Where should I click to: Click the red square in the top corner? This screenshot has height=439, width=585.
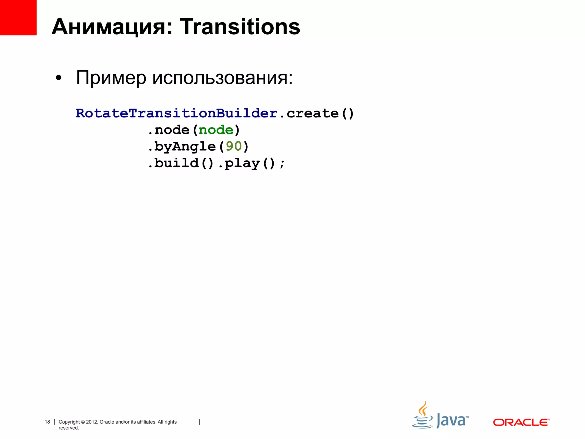click(x=18, y=17)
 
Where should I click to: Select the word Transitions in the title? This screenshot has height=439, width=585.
click(x=240, y=27)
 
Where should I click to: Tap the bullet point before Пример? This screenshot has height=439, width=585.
click(x=59, y=78)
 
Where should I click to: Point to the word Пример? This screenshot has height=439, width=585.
click(x=111, y=78)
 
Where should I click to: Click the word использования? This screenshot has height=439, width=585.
click(x=222, y=78)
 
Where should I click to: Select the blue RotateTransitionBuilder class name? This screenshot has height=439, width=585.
click(x=177, y=113)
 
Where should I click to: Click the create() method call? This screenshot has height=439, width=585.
click(x=320, y=113)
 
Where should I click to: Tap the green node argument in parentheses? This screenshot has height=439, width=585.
click(x=216, y=130)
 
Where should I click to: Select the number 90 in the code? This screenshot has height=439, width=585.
click(x=234, y=146)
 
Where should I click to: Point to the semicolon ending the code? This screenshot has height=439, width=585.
click(x=282, y=164)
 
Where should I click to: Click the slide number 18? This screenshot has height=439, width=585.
click(x=47, y=422)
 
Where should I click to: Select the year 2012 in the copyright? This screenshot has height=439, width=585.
click(x=92, y=422)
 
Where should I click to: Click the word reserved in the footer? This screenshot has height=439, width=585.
click(x=69, y=428)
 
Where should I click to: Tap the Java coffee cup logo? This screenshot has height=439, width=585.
click(x=422, y=416)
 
